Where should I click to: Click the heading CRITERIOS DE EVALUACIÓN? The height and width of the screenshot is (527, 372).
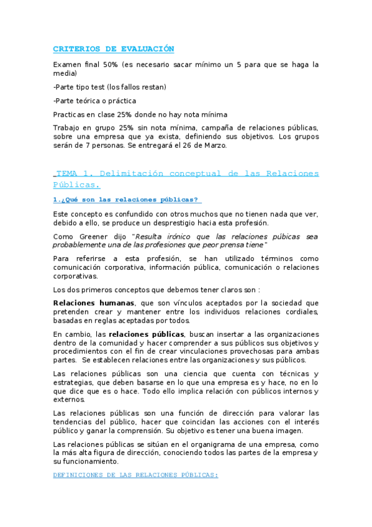tap(114, 48)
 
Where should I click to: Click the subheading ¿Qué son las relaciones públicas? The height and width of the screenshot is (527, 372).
tap(128, 199)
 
